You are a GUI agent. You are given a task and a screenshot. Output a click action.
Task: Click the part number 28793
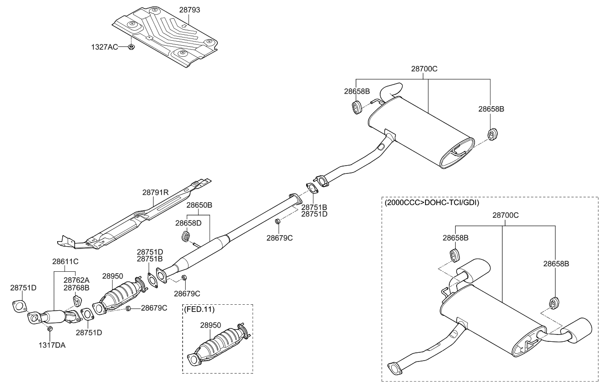pos(189,10)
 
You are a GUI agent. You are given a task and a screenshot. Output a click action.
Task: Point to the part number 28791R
pos(156,193)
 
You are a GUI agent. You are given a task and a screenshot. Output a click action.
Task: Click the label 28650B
pos(199,205)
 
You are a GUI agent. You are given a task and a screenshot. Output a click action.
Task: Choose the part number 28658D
pos(188,223)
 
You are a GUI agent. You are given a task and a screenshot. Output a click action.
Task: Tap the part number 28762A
pos(76,280)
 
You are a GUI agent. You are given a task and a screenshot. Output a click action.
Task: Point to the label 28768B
pos(76,287)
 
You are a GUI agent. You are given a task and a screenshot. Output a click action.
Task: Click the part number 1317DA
pos(52,345)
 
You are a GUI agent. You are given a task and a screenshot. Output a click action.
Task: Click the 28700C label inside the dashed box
pos(506,215)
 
